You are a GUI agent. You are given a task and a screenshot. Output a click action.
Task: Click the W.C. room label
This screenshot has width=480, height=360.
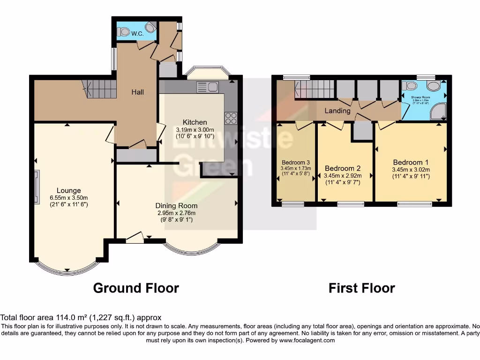coord(137,34)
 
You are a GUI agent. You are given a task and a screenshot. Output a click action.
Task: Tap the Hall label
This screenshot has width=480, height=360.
coord(137,92)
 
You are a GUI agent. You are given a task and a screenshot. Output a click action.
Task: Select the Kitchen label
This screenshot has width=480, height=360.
coord(195,122)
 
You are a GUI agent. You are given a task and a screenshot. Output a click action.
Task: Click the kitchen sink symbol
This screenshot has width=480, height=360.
coord(207,87)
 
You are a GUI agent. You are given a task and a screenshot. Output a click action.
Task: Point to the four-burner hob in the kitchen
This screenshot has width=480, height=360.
coord(231,118)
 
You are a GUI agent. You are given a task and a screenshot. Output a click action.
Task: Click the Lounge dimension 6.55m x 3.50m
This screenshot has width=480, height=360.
coord(69,197)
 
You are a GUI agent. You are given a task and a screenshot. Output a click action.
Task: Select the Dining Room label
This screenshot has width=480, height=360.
coord(176,205)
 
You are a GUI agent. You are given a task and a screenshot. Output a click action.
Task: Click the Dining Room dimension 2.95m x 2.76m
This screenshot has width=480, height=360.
coord(176,213)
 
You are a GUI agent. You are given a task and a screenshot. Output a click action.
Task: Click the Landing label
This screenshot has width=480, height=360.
coord(337,111)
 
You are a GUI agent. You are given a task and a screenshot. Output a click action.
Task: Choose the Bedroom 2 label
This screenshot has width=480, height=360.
coord(342,168)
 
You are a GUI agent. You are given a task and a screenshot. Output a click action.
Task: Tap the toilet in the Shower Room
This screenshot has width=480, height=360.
coord(411,85)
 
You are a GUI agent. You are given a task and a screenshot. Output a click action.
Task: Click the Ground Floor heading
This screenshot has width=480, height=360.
coord(136,287)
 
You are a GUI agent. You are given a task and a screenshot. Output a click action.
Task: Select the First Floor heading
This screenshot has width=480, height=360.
coord(361,287)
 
